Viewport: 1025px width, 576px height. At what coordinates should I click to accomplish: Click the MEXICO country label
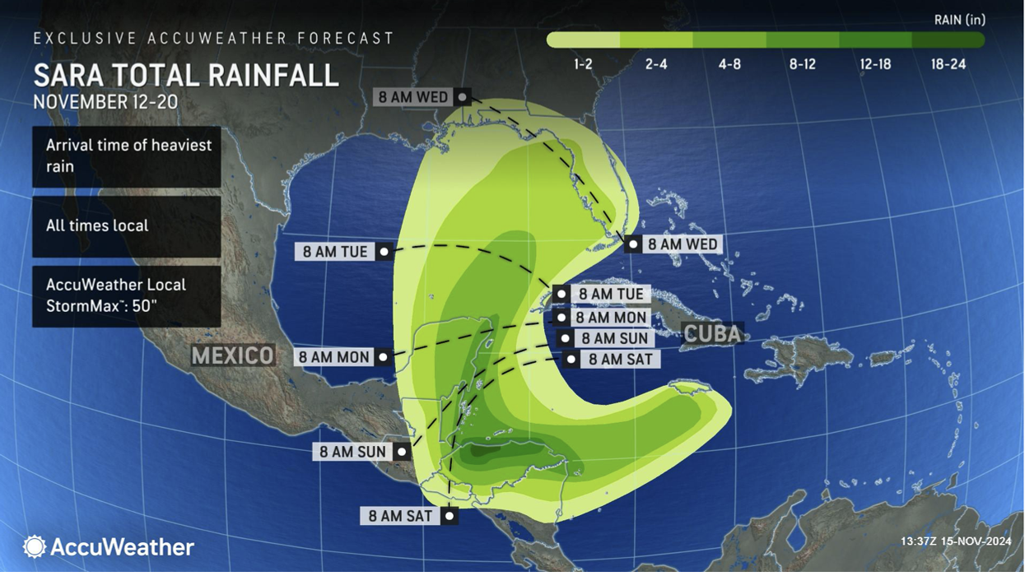pos(233,355)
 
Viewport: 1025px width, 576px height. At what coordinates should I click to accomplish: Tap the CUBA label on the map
pos(713,334)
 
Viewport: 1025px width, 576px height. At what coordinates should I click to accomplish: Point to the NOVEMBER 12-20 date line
pos(105,102)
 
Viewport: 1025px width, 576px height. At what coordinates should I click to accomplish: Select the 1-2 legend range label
pos(583,64)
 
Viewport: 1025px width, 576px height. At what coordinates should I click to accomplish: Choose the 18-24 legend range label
pos(948,64)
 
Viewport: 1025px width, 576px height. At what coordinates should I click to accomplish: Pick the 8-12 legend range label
pos(802,64)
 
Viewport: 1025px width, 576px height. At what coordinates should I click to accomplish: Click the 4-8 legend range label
pos(729,64)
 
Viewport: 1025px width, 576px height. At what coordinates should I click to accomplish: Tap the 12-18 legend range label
pos(875,64)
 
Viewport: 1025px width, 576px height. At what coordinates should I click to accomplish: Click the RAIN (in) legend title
pos(959,20)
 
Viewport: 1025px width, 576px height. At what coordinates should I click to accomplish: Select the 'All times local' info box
pos(127,226)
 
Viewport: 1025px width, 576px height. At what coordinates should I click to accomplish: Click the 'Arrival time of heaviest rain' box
pos(127,156)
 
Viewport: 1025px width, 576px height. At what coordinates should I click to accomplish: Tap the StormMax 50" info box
pos(127,295)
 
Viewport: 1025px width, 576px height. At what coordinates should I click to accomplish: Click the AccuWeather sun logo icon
pos(35,546)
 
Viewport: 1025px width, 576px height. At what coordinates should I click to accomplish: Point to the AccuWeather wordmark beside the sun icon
pos(123,547)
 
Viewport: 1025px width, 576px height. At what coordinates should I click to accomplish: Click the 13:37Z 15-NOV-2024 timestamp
pos(955,541)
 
